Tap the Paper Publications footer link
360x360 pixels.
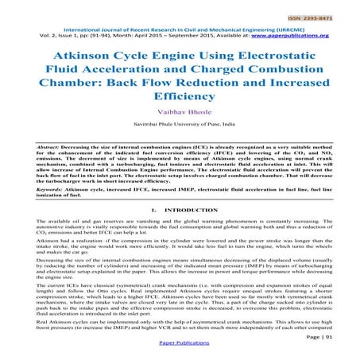180,352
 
